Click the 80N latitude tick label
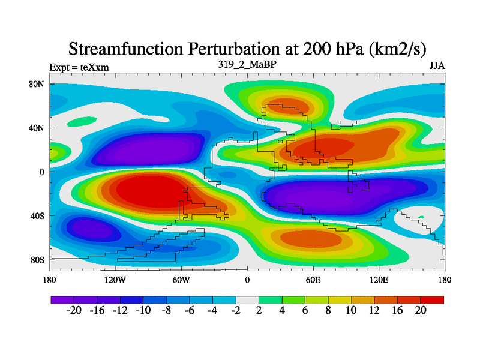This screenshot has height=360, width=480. point(37,84)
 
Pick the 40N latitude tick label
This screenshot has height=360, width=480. point(37,128)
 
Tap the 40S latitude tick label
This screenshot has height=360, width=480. point(37,216)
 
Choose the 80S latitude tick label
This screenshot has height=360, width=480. point(37,260)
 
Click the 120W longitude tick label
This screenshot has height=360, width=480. point(115,280)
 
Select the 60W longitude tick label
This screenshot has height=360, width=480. point(181,280)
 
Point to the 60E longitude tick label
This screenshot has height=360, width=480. point(313,280)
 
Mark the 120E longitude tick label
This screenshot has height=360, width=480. point(379,280)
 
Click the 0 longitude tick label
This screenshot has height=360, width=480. point(247,280)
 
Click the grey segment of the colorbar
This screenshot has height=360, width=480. point(247,299)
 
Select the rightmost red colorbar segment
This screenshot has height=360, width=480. point(432,299)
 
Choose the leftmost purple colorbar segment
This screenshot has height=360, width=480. point(62,299)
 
